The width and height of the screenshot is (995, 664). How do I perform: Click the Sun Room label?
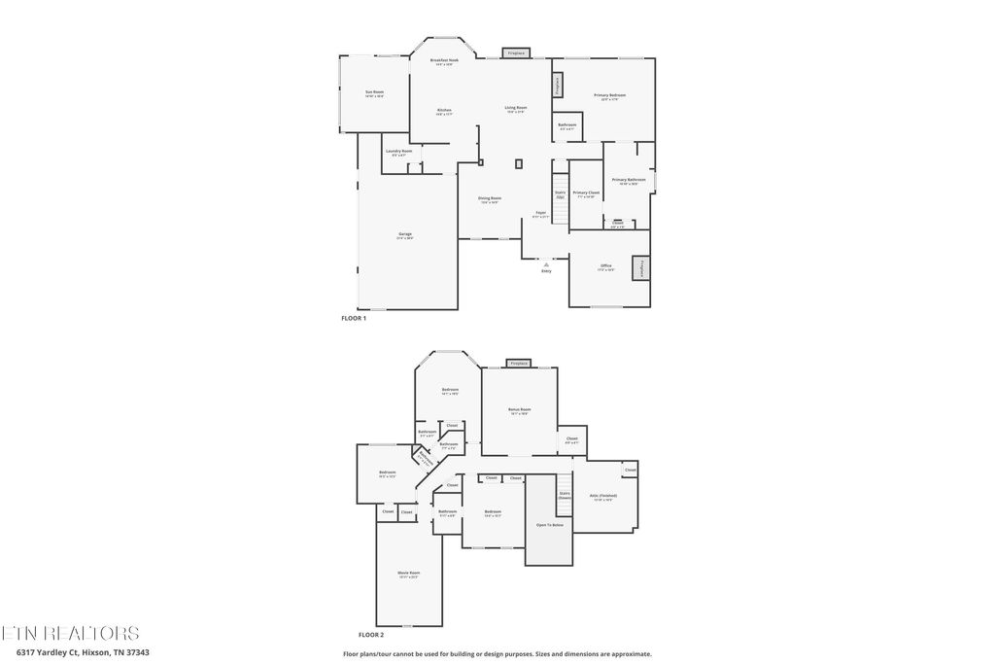(x=374, y=92)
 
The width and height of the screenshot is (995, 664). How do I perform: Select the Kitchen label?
(x=444, y=110)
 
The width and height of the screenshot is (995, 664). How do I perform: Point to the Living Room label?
(x=515, y=108)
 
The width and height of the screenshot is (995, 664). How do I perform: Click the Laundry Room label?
(x=398, y=152)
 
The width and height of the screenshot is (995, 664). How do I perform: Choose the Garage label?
(x=404, y=234)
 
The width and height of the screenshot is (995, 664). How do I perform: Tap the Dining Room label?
(x=489, y=198)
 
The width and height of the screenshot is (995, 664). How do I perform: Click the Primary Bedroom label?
(x=610, y=95)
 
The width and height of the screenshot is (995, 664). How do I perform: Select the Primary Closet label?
(x=586, y=193)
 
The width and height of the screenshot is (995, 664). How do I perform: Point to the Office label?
(x=605, y=265)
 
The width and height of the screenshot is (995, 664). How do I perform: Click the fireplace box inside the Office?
(x=641, y=268)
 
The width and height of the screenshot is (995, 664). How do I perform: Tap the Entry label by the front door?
(x=546, y=271)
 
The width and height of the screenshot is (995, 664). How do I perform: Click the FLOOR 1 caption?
(x=353, y=318)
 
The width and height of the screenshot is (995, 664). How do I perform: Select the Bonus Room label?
(x=520, y=409)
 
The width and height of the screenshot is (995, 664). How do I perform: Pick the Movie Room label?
(x=408, y=574)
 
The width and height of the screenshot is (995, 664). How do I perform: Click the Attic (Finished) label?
(x=603, y=496)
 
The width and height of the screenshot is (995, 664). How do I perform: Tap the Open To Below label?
(x=550, y=525)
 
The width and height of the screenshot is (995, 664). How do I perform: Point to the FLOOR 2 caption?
(x=371, y=634)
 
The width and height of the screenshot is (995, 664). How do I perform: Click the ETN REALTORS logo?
(x=70, y=633)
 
